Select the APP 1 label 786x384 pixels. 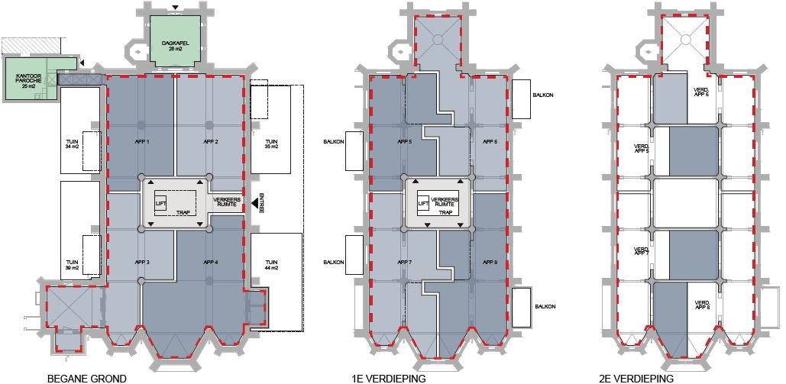point(142,142)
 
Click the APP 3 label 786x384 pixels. point(142,262)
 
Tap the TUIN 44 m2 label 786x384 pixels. point(271,265)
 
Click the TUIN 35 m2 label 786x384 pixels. point(271,144)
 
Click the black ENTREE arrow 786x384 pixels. point(254,203)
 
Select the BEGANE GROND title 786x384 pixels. point(87,379)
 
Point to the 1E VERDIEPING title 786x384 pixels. point(389,379)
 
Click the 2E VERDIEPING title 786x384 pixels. point(636,379)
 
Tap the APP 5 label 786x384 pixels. point(405,142)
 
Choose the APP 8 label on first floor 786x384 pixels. point(490,262)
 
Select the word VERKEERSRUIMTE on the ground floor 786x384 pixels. point(227,202)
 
